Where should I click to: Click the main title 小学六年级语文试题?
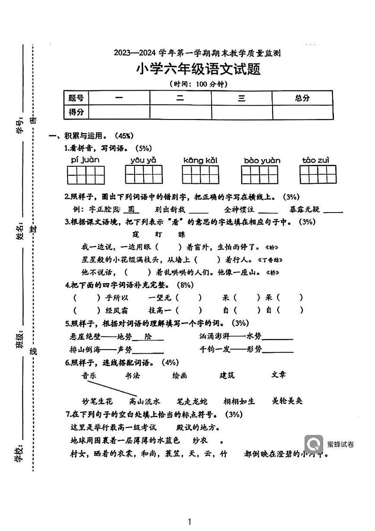(198, 69)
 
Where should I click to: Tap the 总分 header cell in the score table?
(302, 98)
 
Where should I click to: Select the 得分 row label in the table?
(76, 112)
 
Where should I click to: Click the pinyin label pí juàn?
(85, 160)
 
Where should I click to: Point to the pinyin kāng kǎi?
(200, 160)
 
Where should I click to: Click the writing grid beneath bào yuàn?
(261, 175)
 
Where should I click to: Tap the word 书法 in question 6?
(132, 376)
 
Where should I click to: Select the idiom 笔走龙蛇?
(188, 401)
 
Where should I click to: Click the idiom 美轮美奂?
(287, 401)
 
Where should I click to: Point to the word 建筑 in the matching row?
(227, 376)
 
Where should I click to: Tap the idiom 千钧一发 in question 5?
(215, 350)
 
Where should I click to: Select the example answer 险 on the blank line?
(148, 336)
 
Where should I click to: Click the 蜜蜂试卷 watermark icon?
(314, 444)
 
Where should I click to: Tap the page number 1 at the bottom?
(189, 522)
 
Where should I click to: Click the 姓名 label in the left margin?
(19, 232)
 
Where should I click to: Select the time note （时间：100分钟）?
(198, 84)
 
